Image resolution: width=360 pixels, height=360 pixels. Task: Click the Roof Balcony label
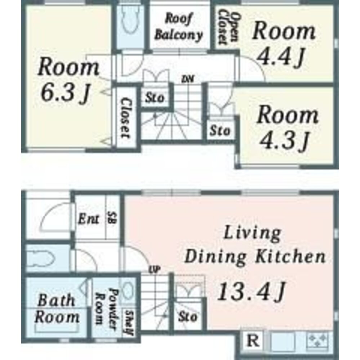[x=179, y=27]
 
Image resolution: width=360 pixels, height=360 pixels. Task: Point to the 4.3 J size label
[x=284, y=140]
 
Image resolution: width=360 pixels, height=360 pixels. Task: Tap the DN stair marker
[x=187, y=79]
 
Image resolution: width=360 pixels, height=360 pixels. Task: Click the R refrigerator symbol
[x=253, y=341]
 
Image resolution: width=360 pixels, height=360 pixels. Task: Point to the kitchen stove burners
[x=317, y=341]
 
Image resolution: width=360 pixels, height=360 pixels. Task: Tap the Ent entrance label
[x=89, y=219]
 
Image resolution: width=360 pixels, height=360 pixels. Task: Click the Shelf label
[x=129, y=323]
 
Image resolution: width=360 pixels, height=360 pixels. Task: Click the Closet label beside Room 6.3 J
[x=126, y=118]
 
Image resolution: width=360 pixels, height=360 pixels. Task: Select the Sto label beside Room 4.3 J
[x=220, y=131]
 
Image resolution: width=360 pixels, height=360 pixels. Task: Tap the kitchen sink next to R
[x=283, y=341]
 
